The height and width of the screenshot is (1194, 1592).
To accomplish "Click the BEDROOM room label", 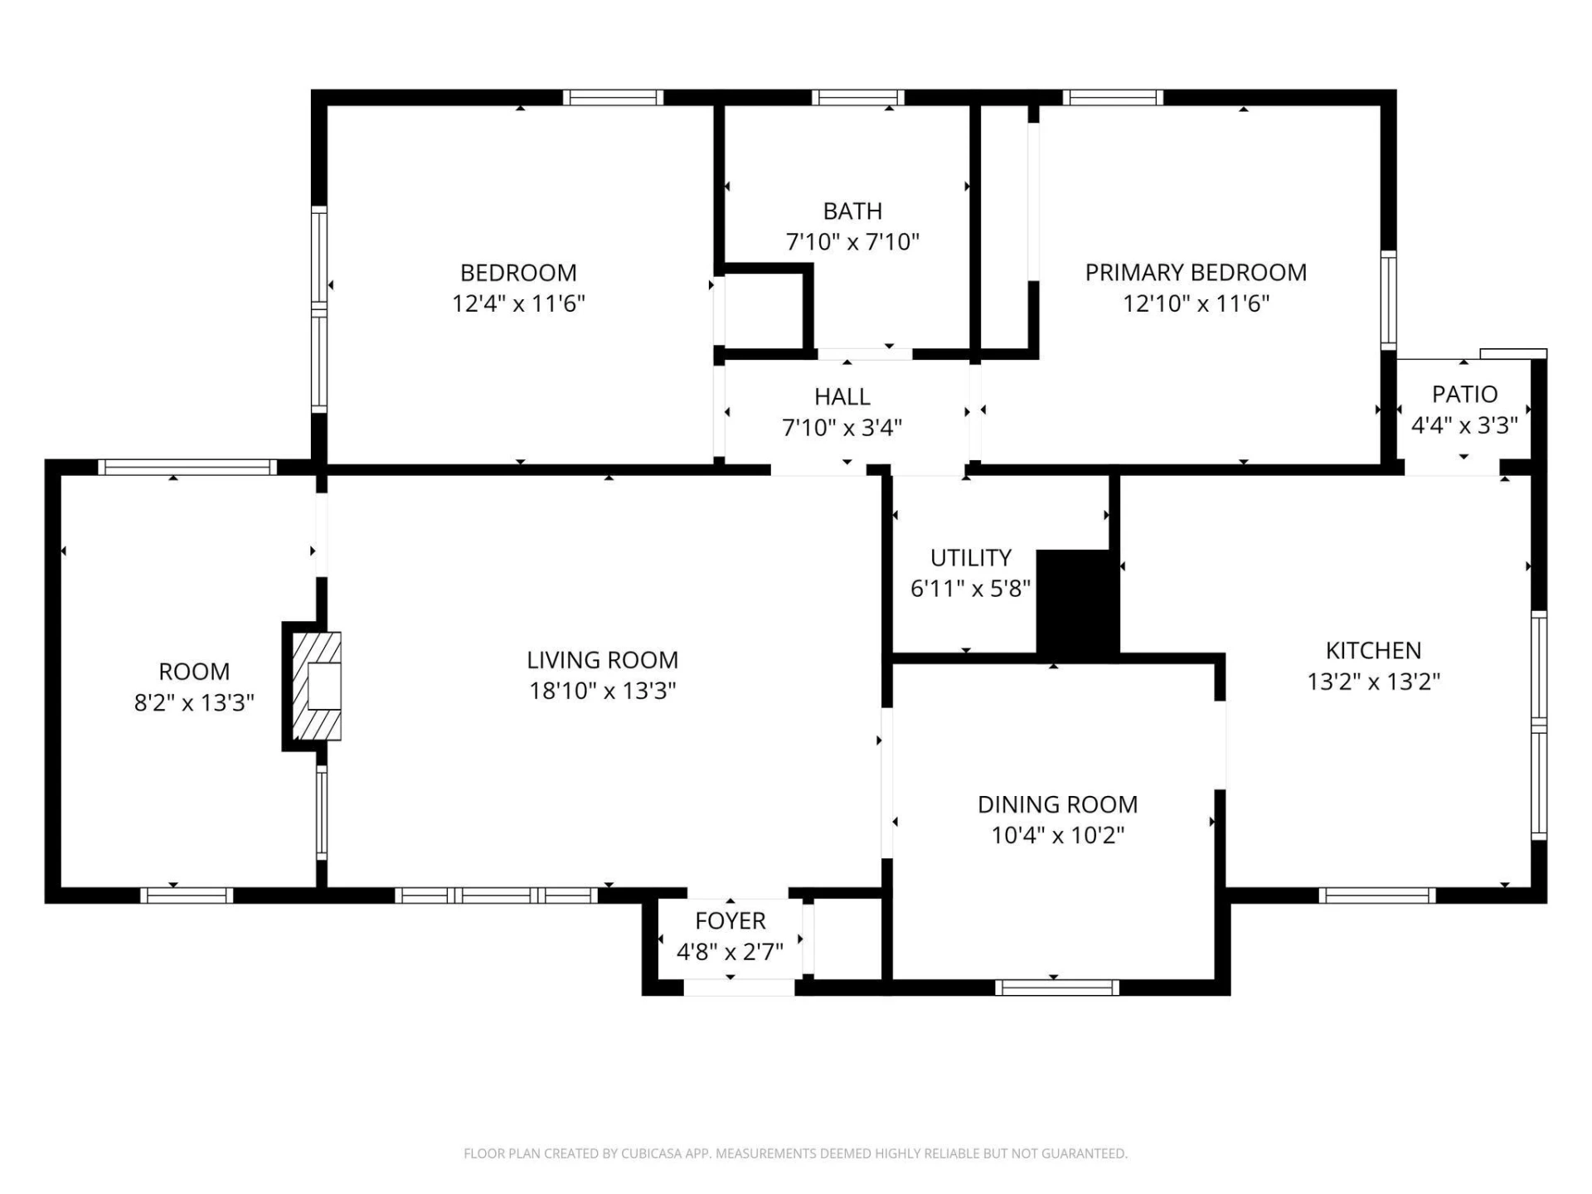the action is coord(518,273).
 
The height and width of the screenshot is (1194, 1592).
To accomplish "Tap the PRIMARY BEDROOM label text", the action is coord(1196,273).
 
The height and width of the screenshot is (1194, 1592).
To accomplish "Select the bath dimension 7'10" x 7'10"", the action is coord(852,242).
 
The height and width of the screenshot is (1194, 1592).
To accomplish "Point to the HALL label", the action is coord(842,396).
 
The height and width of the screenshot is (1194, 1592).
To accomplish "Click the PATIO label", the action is coord(1464,394).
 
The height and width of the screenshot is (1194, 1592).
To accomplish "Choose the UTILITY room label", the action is coord(970,557).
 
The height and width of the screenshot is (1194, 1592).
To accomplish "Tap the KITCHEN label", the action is coord(1373,651).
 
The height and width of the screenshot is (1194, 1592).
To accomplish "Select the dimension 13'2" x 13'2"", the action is coord(1373,682).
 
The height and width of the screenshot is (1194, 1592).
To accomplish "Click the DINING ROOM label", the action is coord(1057,804).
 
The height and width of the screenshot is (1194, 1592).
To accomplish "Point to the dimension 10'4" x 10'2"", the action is coord(1057,835).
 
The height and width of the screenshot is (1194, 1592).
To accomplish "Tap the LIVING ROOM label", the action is coord(602,660).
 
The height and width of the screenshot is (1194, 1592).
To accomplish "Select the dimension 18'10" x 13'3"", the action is coord(603,691).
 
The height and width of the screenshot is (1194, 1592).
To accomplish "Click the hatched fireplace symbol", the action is coord(317,687).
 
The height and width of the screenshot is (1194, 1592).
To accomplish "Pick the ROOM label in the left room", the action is coord(194,672).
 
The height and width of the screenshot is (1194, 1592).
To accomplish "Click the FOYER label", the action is coord(730,920).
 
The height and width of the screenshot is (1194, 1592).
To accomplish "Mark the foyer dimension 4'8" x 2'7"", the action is coord(730,952).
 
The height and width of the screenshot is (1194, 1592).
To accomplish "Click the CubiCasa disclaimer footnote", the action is coord(795,1153).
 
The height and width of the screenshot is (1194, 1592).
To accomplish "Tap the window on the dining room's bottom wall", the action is coord(1056,988).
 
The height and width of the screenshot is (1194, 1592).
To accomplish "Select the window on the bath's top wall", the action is coord(857,98).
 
